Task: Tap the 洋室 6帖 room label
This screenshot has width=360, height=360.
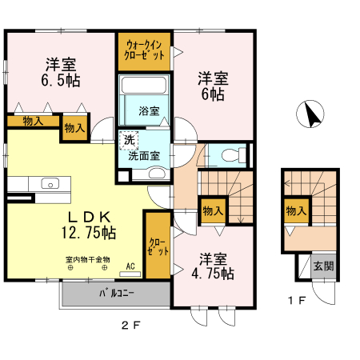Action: point(212,86)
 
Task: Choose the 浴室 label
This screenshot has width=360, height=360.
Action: point(148,110)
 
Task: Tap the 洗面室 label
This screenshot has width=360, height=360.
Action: point(145,156)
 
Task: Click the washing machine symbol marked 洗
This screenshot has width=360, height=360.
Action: point(129,141)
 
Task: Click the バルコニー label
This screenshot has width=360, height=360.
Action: point(117,293)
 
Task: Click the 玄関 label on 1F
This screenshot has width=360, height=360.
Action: point(322,266)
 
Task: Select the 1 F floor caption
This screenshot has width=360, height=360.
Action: point(298,301)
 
